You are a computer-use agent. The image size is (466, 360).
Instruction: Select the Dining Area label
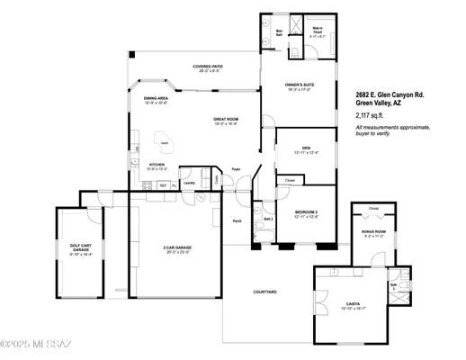tap(157, 100)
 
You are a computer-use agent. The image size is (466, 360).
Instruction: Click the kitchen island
tap(167, 141)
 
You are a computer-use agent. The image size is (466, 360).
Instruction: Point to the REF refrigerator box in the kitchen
tap(163, 185)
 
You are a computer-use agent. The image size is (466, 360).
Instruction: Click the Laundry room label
tap(189, 183)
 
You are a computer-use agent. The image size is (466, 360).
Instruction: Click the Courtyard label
tap(264, 292)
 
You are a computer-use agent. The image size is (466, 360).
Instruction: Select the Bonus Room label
tap(373, 232)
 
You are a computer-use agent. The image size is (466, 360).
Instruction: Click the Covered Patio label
tap(209, 67)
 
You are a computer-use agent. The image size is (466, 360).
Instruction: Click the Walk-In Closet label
tap(319, 32)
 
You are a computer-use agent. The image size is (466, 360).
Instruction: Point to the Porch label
tap(237, 220)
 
